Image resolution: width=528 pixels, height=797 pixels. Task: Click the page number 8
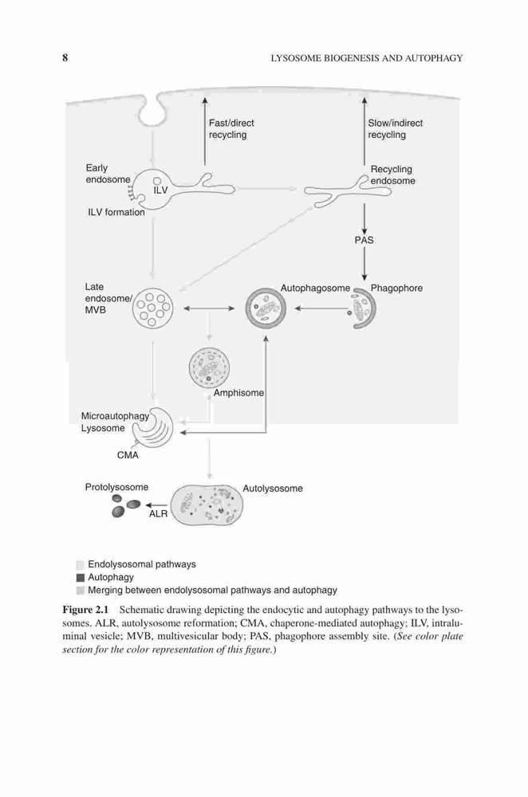click(x=65, y=57)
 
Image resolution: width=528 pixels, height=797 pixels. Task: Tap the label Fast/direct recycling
click(x=231, y=128)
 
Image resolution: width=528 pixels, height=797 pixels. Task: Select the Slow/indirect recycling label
click(x=396, y=128)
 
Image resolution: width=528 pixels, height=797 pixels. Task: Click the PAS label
click(x=364, y=240)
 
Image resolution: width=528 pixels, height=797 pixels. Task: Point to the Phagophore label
click(x=396, y=289)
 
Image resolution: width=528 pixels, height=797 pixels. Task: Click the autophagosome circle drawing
click(x=266, y=308)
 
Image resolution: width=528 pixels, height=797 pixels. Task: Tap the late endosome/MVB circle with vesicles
click(x=152, y=308)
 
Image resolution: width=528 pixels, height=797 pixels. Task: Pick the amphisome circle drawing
click(x=208, y=367)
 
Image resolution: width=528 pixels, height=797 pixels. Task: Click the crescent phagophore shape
click(x=372, y=308)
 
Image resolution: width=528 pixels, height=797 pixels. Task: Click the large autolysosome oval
click(x=207, y=505)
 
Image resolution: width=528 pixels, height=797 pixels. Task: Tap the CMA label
click(x=128, y=455)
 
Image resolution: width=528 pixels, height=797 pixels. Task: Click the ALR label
click(x=158, y=514)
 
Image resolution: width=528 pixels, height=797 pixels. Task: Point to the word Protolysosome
click(x=116, y=487)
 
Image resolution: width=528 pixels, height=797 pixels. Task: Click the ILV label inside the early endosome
click(x=161, y=190)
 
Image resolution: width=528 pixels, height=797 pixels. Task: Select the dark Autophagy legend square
click(x=80, y=578)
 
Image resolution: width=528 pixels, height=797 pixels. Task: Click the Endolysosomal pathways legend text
click(x=142, y=564)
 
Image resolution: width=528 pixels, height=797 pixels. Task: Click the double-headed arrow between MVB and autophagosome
click(x=209, y=308)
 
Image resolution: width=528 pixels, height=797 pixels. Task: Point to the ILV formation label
click(x=116, y=213)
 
